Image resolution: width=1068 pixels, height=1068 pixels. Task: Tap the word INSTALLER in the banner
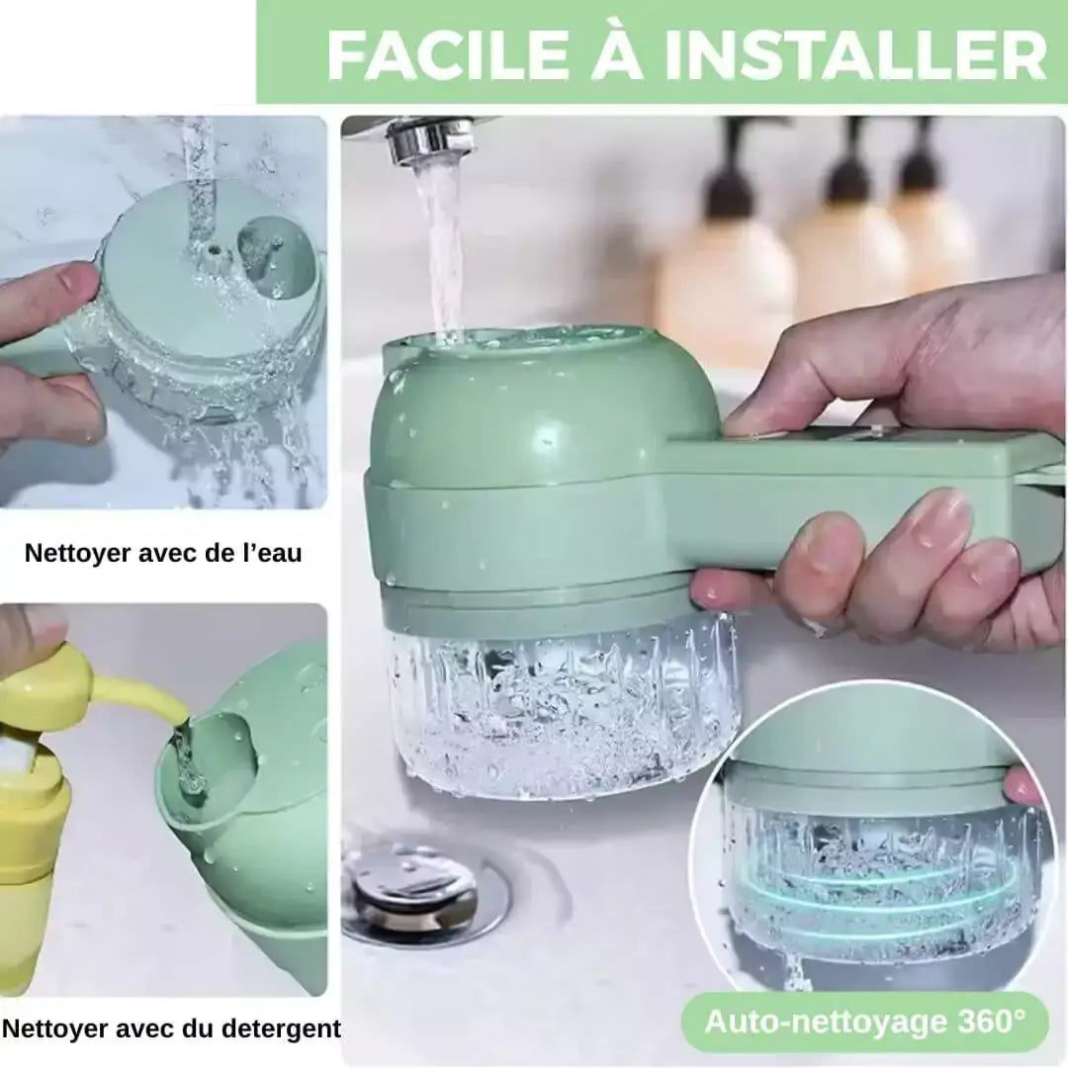coord(856,55)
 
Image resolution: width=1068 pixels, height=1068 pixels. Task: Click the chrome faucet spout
coord(430,139)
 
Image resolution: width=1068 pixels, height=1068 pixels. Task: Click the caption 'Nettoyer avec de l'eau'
coord(163,552)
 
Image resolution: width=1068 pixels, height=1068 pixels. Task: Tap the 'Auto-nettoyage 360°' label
coord(864,1021)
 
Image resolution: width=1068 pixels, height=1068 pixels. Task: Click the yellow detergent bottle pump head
coord(44,682)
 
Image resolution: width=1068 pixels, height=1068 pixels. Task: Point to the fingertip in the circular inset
coord(1023,786)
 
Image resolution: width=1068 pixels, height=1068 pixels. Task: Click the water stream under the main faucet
coord(440,247)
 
